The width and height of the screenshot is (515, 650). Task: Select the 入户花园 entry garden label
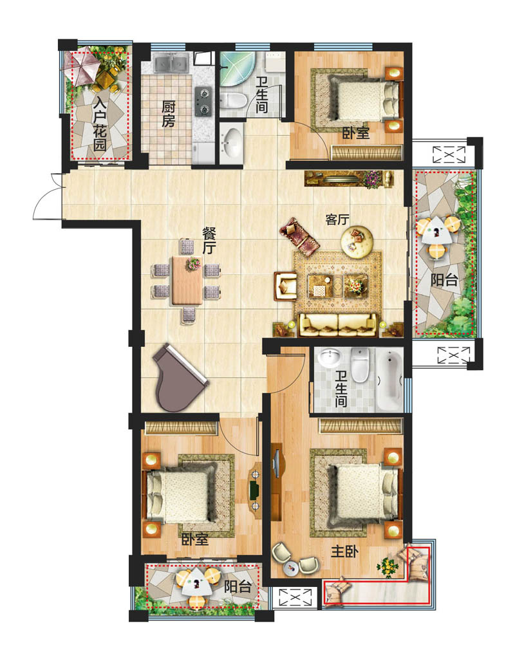(x=100, y=124)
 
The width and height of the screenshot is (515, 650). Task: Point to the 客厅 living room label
(x=337, y=219)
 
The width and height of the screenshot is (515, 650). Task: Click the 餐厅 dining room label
(x=209, y=241)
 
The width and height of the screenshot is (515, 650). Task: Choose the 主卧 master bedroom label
(x=344, y=552)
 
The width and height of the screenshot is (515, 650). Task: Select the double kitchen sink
(x=171, y=64)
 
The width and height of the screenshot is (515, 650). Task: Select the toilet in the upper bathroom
(x=233, y=100)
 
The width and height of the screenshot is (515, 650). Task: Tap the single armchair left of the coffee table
(x=285, y=285)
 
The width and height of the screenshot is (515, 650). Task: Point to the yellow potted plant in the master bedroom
(x=388, y=567)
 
